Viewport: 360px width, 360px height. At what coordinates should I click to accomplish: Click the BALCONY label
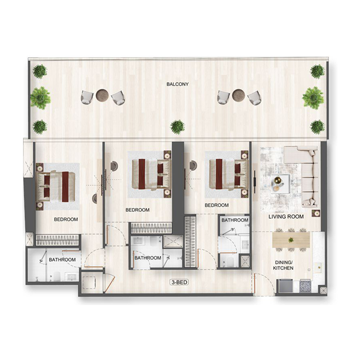[177, 84]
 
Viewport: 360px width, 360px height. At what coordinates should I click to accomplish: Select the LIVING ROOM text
[286, 216]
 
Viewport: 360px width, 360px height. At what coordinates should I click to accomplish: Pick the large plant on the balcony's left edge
[40, 97]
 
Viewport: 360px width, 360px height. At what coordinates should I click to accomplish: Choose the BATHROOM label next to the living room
[234, 220]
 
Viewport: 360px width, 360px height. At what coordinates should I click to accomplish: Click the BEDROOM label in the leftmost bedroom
[66, 220]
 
